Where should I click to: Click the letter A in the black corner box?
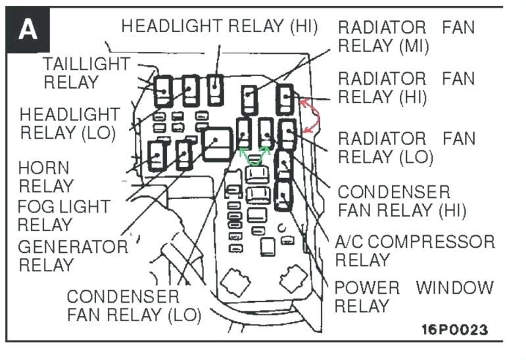pos(28,30)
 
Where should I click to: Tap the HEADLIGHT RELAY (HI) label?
pos(220,26)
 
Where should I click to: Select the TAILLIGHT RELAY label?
pos(87,73)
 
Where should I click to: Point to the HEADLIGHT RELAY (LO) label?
pos(70,123)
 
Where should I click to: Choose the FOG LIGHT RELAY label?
pos(63,215)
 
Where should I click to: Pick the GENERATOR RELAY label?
pos(72,256)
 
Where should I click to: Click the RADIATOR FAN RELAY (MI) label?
pos(406,37)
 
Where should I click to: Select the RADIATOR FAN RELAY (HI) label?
pos(406,87)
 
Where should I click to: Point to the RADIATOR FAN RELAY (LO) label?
pos(406,148)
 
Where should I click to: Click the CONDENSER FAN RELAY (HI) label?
pos(401,201)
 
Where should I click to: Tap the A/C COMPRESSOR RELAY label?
pos(414,250)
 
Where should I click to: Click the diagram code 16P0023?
pos(454,329)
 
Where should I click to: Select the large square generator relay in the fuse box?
pos(218,145)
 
